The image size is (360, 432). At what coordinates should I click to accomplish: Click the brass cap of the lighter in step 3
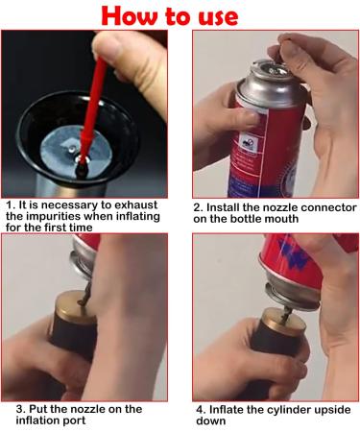73,305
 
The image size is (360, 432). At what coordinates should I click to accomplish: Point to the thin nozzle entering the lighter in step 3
84,295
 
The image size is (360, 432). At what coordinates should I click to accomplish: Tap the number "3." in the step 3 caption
21,409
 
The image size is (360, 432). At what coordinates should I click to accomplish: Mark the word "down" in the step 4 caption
210,420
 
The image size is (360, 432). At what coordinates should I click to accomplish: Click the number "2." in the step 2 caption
199,207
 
